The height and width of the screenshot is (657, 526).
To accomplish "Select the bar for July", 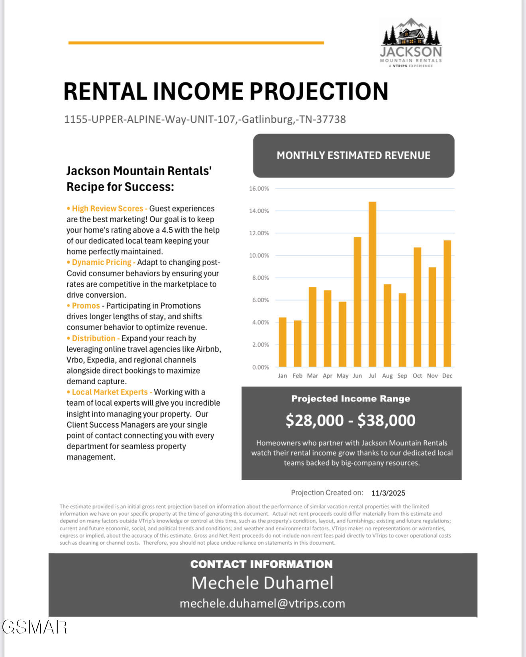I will (372, 284).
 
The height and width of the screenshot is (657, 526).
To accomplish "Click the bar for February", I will (297, 344).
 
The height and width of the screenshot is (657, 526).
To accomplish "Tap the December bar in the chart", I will (447, 303).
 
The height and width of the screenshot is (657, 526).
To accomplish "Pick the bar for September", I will (402, 330).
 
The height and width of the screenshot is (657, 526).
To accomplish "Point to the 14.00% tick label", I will (259, 211).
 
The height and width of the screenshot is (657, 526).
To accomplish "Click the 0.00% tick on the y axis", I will (261, 367).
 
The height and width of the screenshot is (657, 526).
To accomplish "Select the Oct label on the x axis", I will (417, 376).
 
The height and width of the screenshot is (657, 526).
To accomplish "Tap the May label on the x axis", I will (342, 376).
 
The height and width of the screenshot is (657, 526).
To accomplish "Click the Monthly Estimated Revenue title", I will (353, 155).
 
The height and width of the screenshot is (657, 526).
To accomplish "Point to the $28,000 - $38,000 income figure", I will (351, 420).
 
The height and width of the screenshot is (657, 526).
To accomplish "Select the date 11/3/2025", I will (388, 493).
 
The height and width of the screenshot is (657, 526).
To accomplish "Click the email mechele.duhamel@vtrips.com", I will (262, 603).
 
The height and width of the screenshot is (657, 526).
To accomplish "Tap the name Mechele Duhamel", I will (262, 583).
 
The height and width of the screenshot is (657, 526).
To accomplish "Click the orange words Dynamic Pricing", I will (101, 262).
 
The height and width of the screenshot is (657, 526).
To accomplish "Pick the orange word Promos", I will (86, 306).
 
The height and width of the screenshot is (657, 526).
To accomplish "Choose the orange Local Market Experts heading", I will (110, 392).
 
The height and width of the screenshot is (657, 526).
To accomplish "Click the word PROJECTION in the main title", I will (319, 92).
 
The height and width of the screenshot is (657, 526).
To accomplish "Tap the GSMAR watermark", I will (35, 627).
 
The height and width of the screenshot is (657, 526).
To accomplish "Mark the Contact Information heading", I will (261, 564).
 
